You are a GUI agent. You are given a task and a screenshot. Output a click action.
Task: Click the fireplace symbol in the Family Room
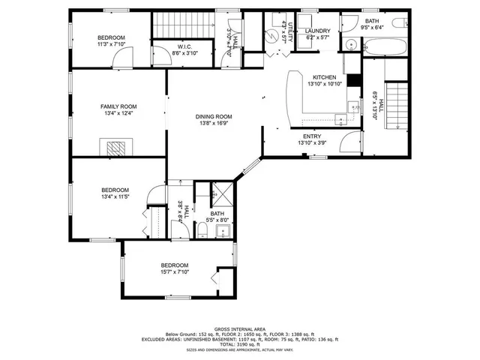click(116, 147)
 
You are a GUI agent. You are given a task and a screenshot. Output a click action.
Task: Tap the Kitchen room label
click(324, 77)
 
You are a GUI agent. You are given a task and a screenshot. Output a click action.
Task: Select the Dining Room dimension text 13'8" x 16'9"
click(213, 124)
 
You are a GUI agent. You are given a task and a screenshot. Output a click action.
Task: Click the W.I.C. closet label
click(165, 47)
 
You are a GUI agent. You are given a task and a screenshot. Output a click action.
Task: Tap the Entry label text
click(312, 136)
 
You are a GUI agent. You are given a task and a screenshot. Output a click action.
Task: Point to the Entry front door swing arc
click(349, 142)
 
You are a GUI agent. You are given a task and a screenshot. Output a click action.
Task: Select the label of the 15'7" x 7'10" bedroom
click(174, 265)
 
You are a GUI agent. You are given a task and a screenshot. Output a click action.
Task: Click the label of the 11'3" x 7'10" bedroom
click(111, 37)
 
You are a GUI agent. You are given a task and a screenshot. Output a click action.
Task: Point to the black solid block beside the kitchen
click(355, 80)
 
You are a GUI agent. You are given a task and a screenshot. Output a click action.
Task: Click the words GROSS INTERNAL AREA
click(239, 328)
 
